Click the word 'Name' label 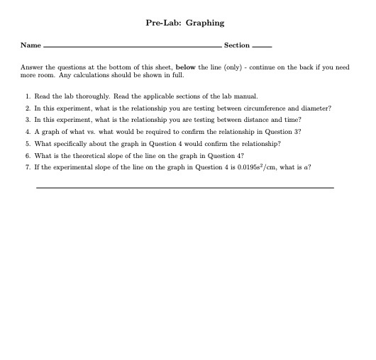click(x=31, y=45)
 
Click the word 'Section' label click(x=237, y=45)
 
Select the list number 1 click(x=26, y=95)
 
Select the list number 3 click(x=26, y=120)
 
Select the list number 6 click(x=26, y=156)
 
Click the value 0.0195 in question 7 click(x=241, y=168)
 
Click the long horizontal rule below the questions click(x=184, y=188)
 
